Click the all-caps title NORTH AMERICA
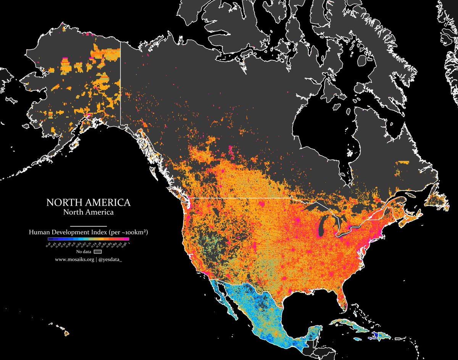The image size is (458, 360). tap(88, 202)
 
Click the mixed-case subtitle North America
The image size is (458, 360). tap(88, 211)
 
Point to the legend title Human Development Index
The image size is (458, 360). tap(69, 232)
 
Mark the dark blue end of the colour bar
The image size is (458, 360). tap(50, 239)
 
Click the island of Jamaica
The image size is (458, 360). tap(358, 339)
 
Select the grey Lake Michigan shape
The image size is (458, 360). tap(319, 229)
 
